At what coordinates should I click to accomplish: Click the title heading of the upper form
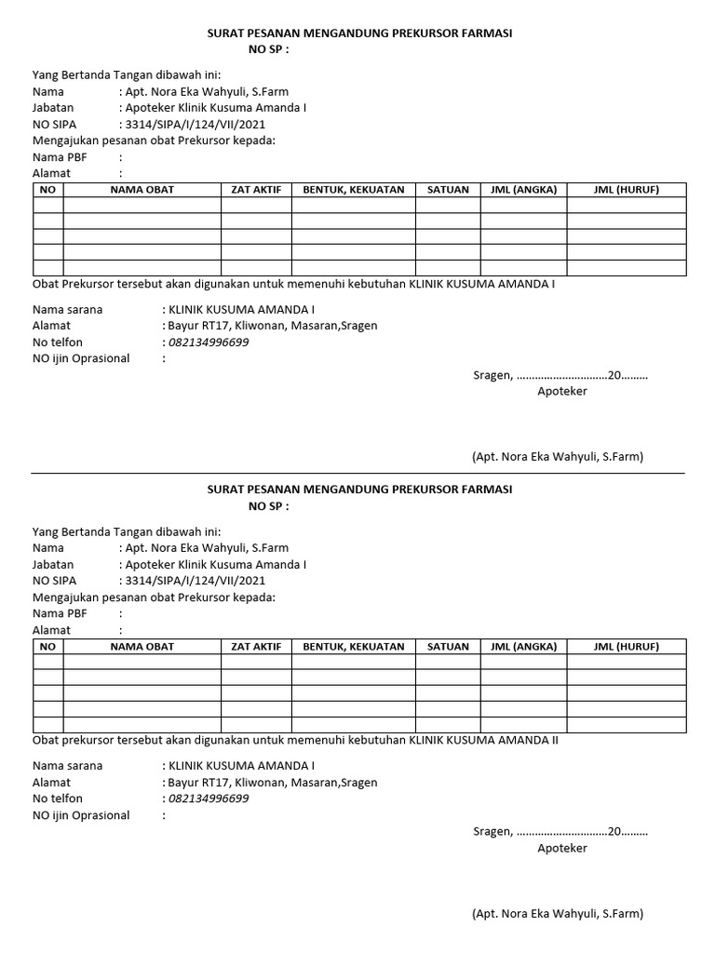(359, 34)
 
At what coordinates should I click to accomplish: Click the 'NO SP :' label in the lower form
(268, 506)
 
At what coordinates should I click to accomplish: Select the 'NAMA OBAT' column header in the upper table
(142, 190)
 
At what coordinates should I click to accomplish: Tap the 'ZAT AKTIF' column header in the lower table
(256, 647)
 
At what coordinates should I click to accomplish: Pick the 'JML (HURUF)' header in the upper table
(626, 190)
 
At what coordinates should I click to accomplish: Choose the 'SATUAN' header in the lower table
(448, 647)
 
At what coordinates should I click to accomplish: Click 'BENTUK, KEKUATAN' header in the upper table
(354, 190)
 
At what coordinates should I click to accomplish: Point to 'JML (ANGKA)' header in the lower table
(523, 647)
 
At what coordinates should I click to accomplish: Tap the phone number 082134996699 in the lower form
(209, 799)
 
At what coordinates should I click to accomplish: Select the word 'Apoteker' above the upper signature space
(562, 392)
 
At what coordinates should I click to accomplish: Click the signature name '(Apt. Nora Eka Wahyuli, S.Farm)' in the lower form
(558, 914)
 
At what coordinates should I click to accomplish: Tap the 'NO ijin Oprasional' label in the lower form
(82, 815)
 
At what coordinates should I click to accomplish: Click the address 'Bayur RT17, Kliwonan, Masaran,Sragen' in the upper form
(272, 326)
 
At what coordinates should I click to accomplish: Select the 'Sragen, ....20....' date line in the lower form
(560, 832)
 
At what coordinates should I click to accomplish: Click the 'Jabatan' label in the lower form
(53, 565)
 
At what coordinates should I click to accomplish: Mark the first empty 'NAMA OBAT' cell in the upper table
(142, 205)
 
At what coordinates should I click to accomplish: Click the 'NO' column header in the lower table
(48, 647)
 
